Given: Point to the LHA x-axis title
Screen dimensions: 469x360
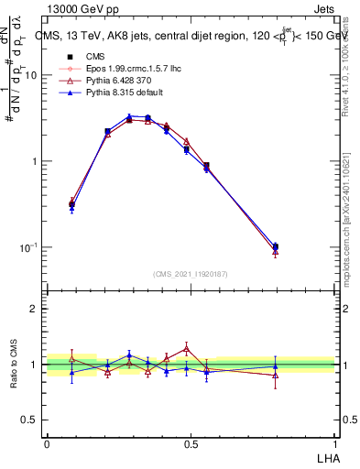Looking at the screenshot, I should (x=326, y=457).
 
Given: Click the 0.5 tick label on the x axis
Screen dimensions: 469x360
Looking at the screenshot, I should (x=191, y=443).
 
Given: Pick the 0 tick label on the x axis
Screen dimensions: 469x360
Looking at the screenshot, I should (x=47, y=443).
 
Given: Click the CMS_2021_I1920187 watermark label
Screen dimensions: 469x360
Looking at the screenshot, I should (x=191, y=274).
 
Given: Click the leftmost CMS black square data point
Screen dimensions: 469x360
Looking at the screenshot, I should (x=72, y=205).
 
